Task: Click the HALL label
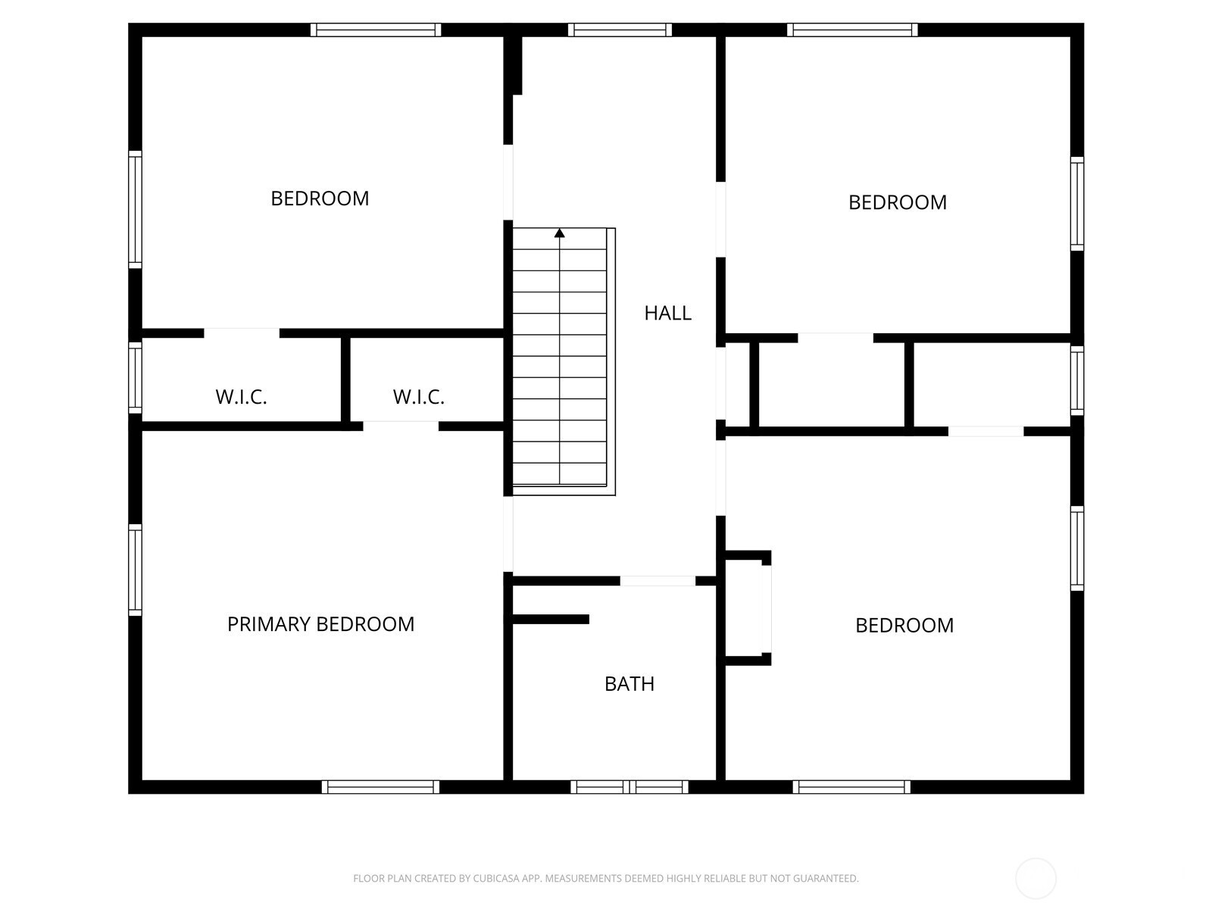[667, 314]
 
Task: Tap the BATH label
[629, 684]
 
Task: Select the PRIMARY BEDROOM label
[320, 624]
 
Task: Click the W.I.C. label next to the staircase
[419, 397]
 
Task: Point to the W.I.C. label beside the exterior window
[241, 397]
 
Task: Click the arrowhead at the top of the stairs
[559, 233]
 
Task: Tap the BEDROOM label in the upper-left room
[320, 198]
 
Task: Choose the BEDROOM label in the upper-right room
[898, 202]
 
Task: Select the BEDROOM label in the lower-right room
[904, 626]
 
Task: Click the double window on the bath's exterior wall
[629, 786]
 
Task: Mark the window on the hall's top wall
[620, 30]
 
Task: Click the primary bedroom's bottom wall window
[380, 786]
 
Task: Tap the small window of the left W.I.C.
[136, 377]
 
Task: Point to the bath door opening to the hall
[657, 580]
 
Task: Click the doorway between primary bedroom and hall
[508, 534]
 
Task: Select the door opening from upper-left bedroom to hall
[508, 182]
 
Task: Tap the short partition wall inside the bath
[551, 619]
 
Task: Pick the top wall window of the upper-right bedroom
[852, 30]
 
